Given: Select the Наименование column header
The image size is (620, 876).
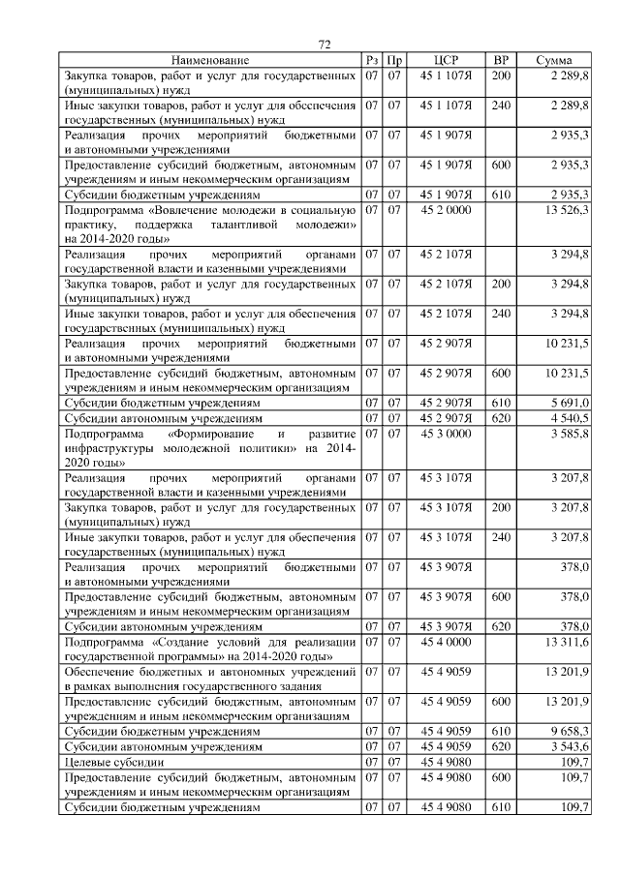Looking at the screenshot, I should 211,60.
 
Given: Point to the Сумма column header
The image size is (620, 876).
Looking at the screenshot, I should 553,60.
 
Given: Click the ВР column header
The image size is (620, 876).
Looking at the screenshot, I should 501,60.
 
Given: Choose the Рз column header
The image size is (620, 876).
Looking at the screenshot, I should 372,60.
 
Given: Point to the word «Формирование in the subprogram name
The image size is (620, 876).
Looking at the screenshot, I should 201,434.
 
